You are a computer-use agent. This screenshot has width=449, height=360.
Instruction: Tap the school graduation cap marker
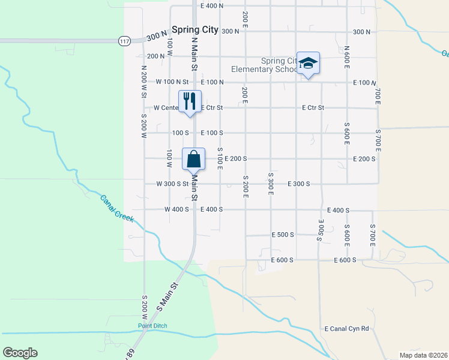coord(308,64)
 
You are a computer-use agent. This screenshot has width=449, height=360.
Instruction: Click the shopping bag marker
coord(193,160)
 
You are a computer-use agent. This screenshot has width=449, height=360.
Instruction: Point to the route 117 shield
coord(124,41)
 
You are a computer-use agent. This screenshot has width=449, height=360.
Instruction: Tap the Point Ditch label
coord(152,326)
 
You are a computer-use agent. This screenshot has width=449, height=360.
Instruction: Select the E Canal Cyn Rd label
coord(346,329)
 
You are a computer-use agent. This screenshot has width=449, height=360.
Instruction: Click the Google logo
coord(20,353)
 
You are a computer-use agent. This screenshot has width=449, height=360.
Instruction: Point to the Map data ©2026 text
coord(423,355)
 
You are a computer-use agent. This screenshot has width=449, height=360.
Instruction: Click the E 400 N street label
coord(212,5)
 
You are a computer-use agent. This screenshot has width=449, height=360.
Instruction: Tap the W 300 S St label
coord(172,184)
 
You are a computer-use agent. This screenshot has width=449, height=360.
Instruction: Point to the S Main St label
coord(169,297)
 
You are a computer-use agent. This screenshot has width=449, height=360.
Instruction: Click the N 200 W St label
coord(144,81)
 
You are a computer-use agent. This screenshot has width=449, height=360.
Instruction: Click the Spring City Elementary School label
coord(279,65)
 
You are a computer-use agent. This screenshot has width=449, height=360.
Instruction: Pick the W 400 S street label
coord(176,209)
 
